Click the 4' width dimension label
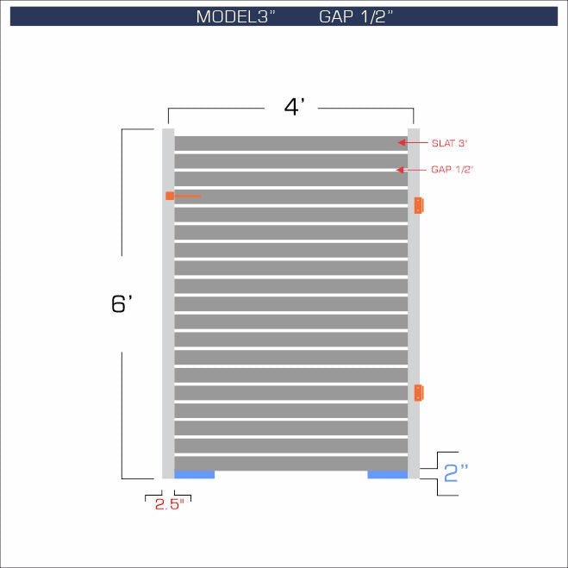[x=295, y=108]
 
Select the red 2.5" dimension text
[x=169, y=505]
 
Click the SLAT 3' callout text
[x=449, y=142]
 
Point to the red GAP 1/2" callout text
[x=452, y=170]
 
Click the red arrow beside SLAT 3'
[x=402, y=142]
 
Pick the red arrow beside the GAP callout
[x=402, y=170]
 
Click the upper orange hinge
[x=419, y=205]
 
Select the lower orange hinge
[x=419, y=393]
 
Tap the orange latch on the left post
[x=171, y=197]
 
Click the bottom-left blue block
[x=194, y=474]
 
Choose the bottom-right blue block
[x=387, y=474]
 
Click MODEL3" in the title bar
[x=235, y=16]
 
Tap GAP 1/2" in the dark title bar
[x=356, y=16]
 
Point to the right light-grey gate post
[x=414, y=302]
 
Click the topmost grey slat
[x=290, y=143]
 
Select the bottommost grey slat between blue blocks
[x=290, y=463]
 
